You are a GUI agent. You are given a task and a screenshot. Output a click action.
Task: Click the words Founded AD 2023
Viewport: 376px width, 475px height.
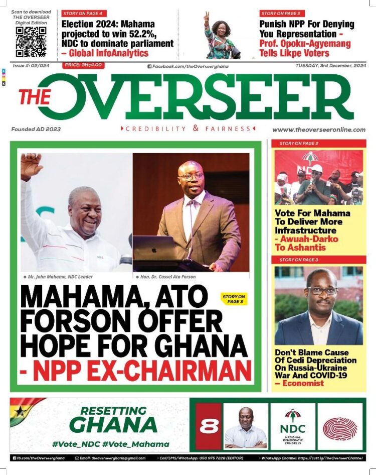(x=36, y=129)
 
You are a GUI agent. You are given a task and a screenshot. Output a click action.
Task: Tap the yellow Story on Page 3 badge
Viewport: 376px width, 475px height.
(x=235, y=299)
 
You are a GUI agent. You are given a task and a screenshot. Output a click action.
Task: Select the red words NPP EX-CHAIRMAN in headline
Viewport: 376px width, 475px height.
(x=135, y=371)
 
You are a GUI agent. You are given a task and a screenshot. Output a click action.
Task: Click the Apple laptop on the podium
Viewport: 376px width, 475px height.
(x=154, y=248)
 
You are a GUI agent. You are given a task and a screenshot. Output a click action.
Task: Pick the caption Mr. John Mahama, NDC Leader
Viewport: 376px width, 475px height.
(x=58, y=277)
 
